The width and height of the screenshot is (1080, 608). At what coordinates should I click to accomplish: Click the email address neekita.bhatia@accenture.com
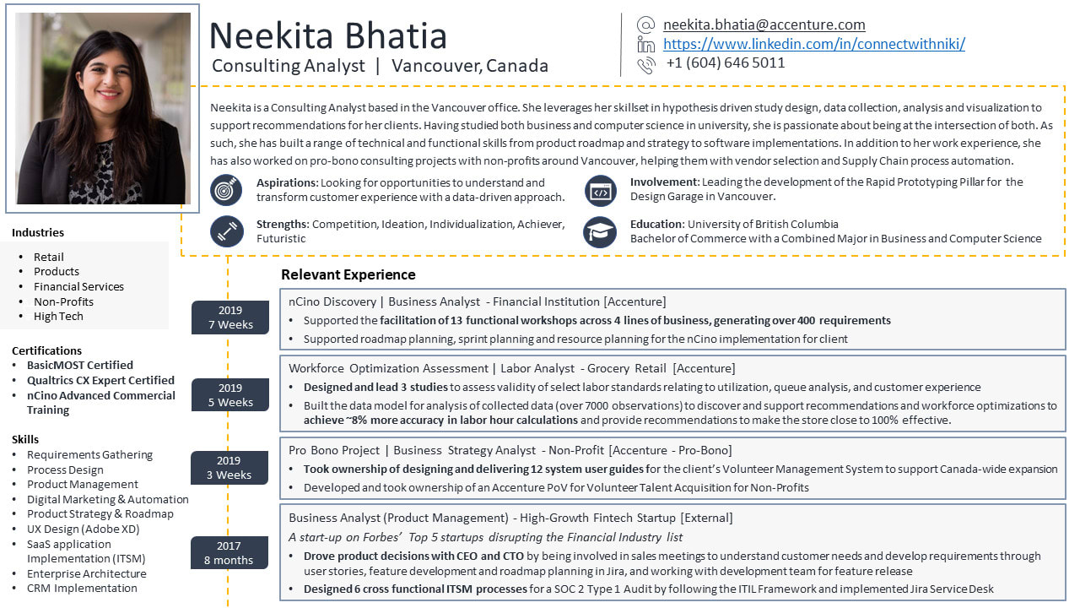764,25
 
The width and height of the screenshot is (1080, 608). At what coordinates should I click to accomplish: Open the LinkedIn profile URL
813,44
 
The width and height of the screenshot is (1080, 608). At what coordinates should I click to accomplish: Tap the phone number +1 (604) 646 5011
725,62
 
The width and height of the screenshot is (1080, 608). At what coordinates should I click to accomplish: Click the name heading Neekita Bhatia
327,36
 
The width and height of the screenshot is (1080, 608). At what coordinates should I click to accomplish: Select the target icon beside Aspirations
226,190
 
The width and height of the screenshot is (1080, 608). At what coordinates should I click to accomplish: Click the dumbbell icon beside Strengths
226,231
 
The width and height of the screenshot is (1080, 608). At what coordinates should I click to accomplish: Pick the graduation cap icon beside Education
600,231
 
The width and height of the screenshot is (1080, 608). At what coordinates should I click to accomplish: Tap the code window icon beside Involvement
600,190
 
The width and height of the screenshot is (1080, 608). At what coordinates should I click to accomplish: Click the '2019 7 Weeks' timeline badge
229,318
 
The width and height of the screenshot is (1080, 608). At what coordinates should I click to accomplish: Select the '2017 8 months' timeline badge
229,553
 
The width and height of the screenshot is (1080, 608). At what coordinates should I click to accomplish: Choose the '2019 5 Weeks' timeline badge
229,395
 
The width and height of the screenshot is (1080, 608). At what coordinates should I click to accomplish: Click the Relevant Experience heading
348,274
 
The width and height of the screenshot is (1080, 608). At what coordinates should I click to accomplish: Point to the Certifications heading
46,350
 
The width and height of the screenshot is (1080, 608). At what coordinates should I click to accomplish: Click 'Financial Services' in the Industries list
78,286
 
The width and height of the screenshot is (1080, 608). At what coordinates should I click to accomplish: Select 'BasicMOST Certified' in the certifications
79,365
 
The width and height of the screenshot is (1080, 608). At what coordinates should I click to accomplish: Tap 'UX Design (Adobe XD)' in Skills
83,529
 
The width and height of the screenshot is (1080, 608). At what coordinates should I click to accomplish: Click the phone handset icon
646,64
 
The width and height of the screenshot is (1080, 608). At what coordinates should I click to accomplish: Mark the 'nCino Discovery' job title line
477,301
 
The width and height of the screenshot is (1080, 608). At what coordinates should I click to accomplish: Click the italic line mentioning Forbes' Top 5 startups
485,537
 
